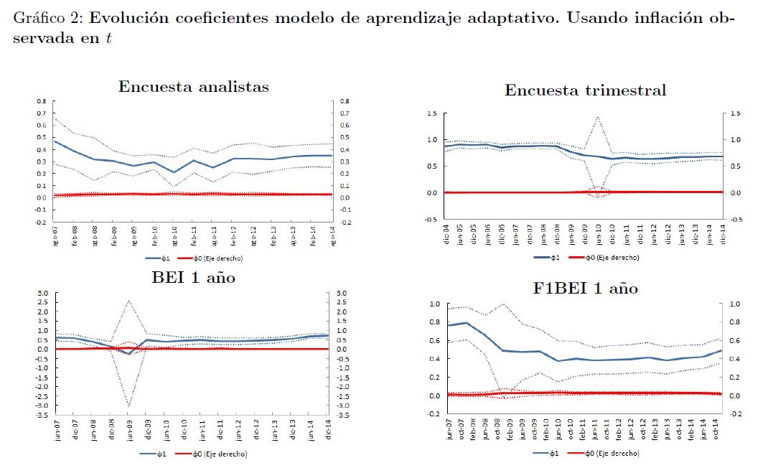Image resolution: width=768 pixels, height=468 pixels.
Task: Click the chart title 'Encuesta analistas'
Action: pyautogui.click(x=194, y=87)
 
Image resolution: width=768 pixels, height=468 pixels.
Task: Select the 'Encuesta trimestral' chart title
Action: pyautogui.click(x=585, y=90)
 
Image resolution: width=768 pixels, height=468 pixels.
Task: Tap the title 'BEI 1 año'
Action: pyautogui.click(x=193, y=277)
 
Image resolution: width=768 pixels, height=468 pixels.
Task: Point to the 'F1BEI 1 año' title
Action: pyautogui.click(x=586, y=289)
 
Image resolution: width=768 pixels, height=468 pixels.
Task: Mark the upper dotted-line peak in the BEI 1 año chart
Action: pyautogui.click(x=128, y=301)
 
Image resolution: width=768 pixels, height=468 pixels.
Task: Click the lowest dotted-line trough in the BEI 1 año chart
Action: pyautogui.click(x=128, y=406)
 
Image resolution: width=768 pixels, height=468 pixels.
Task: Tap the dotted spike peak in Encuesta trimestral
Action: pyautogui.click(x=597, y=116)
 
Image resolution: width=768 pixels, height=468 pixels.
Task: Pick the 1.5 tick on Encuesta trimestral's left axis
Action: pyautogui.click(x=431, y=113)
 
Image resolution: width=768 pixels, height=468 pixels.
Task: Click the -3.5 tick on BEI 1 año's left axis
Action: pyautogui.click(x=40, y=416)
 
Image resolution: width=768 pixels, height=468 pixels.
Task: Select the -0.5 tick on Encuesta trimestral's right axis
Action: pyautogui.click(x=738, y=220)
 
